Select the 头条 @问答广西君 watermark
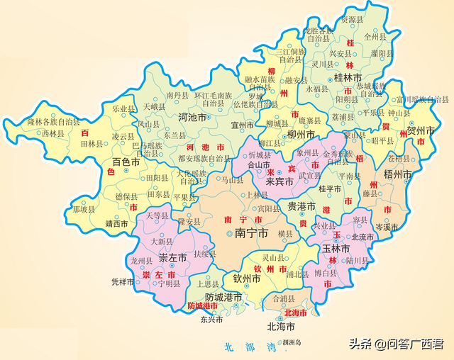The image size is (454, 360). point(395,344)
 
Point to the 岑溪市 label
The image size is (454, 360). point(388,227)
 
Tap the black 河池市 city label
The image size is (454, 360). point(177,117)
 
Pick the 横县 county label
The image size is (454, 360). point(284,234)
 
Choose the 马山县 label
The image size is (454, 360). point(232,181)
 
